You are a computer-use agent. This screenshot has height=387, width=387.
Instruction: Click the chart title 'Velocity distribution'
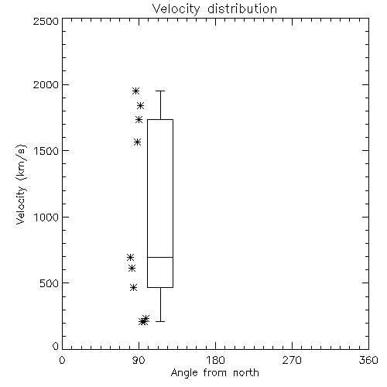[214, 9]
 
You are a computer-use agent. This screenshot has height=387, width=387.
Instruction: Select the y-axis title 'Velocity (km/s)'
[21, 184]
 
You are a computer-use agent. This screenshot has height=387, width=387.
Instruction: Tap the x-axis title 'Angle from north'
[215, 373]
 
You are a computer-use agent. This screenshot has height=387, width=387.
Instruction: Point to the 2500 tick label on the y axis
[46, 21]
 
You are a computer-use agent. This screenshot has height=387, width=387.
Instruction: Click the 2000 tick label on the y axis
[46, 84]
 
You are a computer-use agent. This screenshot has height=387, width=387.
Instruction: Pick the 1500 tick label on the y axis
[46, 151]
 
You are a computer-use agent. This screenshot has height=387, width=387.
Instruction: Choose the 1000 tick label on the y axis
[46, 217]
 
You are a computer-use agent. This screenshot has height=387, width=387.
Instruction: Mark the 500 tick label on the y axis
[50, 283]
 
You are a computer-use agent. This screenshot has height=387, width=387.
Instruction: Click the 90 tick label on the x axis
[139, 360]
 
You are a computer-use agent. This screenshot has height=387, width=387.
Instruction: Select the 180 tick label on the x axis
[215, 360]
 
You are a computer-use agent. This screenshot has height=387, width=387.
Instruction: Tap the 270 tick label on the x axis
[292, 360]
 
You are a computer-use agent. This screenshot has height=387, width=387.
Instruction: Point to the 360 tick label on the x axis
[368, 360]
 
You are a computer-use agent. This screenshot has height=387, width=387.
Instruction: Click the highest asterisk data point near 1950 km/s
[135, 91]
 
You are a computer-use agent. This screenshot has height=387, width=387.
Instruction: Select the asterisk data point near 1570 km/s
[138, 142]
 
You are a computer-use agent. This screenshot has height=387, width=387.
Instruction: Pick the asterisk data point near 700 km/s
[130, 257]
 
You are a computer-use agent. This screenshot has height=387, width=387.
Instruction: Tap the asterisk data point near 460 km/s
[133, 287]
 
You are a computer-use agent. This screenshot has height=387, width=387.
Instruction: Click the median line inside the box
[160, 257]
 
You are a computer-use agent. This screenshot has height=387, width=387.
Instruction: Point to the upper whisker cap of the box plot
[160, 91]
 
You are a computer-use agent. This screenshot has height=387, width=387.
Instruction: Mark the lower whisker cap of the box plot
[160, 321]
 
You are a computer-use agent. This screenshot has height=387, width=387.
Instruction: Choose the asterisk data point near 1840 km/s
[140, 105]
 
